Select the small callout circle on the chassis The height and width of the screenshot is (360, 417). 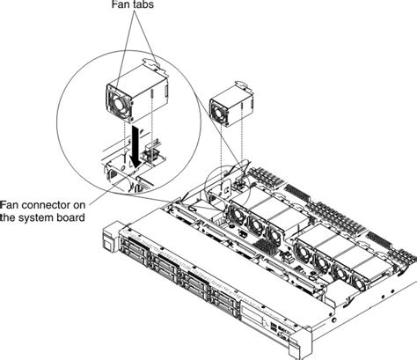click(220, 186)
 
